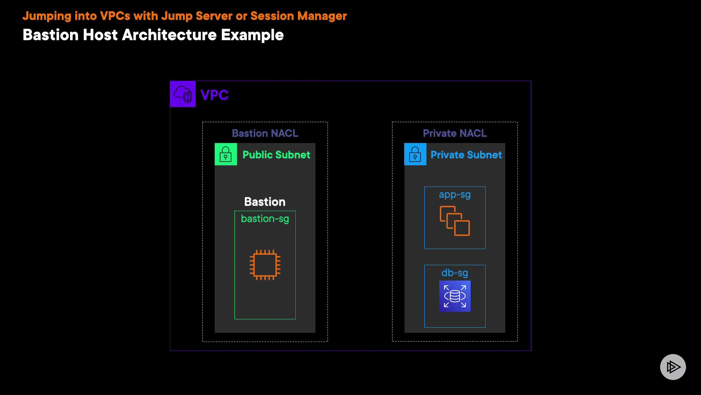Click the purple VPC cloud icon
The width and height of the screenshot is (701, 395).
pyautogui.click(x=183, y=94)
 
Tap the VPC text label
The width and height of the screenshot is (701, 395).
pyautogui.click(x=215, y=95)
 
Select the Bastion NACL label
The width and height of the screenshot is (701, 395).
pyautogui.click(x=265, y=133)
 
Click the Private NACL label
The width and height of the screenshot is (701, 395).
pyautogui.click(x=455, y=133)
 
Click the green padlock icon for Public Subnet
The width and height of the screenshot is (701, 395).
pyautogui.click(x=226, y=154)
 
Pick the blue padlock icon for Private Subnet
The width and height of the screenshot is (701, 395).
pyautogui.click(x=415, y=154)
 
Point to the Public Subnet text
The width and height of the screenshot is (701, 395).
pyautogui.click(x=276, y=155)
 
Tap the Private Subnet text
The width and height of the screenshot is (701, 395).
pyautogui.click(x=466, y=155)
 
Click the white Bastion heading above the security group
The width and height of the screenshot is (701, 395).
pyautogui.click(x=265, y=202)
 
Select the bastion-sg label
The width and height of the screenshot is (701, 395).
pyautogui.click(x=265, y=219)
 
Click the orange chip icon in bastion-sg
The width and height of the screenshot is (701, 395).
pyautogui.click(x=265, y=265)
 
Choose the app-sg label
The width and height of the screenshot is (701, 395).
pyautogui.click(x=455, y=195)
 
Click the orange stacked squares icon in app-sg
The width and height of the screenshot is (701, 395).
pyautogui.click(x=455, y=221)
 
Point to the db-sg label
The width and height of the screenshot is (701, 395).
pyautogui.click(x=455, y=273)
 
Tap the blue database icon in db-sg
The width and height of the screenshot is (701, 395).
pyautogui.click(x=455, y=296)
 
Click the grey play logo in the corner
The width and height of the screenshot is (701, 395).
pyautogui.click(x=673, y=367)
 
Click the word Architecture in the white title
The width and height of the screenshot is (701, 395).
pyautogui.click(x=169, y=35)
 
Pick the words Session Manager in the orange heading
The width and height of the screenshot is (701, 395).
pyautogui.click(x=298, y=16)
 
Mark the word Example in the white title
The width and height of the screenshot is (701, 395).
pyautogui.click(x=252, y=35)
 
